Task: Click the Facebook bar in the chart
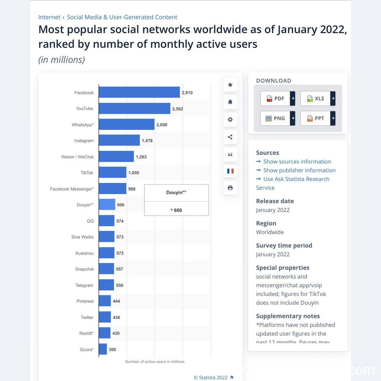click(139, 92)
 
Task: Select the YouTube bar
click(134, 109)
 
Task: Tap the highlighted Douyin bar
click(107, 205)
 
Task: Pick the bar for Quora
click(103, 349)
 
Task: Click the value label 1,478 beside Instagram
click(147, 141)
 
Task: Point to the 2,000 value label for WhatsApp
click(162, 125)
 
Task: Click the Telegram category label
click(84, 285)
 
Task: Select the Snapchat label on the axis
click(85, 269)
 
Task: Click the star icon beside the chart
click(230, 85)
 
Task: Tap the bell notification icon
click(230, 102)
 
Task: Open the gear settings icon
click(230, 120)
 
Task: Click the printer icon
click(230, 188)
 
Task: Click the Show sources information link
click(297, 162)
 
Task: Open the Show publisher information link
click(299, 170)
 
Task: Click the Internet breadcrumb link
click(49, 17)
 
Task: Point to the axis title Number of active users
click(155, 362)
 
